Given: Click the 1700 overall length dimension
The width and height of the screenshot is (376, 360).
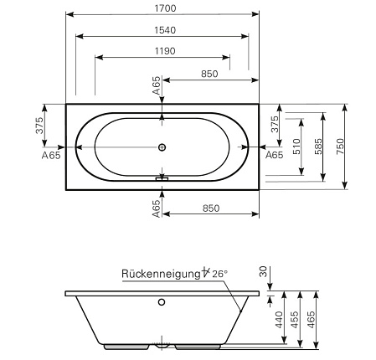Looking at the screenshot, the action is tap(165, 8).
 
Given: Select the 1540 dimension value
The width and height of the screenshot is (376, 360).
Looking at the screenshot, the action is tap(165, 30).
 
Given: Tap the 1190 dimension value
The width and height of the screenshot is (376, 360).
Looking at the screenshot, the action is tap(165, 51).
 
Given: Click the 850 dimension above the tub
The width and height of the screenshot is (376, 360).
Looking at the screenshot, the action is tap(209, 74).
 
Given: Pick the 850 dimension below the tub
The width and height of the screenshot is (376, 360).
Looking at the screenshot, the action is tap(211, 208).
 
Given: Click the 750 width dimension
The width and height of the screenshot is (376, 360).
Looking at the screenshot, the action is tap(341, 147).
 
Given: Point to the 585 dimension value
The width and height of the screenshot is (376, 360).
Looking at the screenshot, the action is tap(318, 147).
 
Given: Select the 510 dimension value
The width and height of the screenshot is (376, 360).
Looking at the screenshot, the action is tap(296, 147).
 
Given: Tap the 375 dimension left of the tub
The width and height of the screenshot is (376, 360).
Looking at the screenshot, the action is tap(39, 126).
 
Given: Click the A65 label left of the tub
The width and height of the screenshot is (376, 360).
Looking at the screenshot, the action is tap(51, 155).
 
